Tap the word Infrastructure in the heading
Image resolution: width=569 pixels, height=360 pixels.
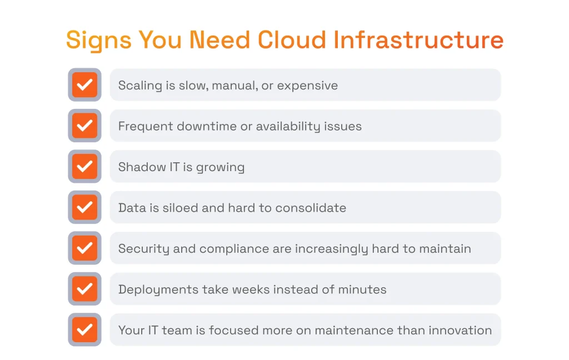coord(418,40)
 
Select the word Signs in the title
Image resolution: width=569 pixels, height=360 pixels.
coord(99,40)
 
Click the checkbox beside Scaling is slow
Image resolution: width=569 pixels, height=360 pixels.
coord(84,85)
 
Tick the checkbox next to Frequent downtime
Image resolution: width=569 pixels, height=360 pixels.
coord(84,126)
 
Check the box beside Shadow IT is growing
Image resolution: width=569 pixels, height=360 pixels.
coord(84,167)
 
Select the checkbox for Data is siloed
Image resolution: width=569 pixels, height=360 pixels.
coord(84,207)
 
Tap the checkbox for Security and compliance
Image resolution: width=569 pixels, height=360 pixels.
coord(84,248)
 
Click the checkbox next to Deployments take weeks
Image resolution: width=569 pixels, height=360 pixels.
coord(84,289)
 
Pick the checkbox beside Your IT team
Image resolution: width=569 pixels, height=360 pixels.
coord(84,330)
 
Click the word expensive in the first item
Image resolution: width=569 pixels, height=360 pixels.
coord(307,86)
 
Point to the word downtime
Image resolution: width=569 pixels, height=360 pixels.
coord(207,127)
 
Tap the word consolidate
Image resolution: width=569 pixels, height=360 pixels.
coord(311,208)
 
